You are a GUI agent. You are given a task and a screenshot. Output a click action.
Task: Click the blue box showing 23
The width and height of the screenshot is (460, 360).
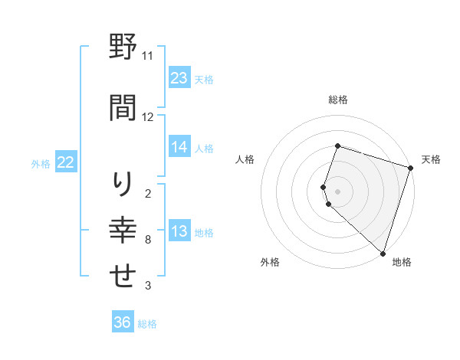[x=179, y=78]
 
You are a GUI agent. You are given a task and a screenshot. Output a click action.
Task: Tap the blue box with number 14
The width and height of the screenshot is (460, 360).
[x=179, y=147]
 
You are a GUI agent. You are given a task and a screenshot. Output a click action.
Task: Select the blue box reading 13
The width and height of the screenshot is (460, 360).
[x=179, y=232]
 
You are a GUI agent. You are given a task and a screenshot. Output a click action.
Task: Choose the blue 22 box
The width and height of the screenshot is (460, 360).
[x=66, y=162]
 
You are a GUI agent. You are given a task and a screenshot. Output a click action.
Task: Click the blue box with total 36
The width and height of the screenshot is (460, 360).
[x=123, y=322]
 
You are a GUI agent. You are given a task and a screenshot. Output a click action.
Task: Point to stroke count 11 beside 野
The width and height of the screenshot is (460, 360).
[x=147, y=56]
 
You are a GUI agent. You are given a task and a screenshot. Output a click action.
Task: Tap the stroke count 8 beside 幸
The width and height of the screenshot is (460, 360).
[x=147, y=241]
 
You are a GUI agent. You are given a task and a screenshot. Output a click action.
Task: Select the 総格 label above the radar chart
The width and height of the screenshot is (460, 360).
[x=338, y=100]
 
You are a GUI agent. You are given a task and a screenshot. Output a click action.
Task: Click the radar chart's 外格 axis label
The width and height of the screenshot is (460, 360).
[x=270, y=262]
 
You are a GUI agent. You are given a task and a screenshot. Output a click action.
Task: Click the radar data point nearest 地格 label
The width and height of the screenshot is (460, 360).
[x=383, y=253]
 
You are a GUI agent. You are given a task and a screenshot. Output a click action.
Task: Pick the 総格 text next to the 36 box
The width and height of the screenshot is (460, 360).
[x=148, y=324]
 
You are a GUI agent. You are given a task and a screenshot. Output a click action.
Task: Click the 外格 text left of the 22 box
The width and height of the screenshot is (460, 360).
[x=41, y=164]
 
